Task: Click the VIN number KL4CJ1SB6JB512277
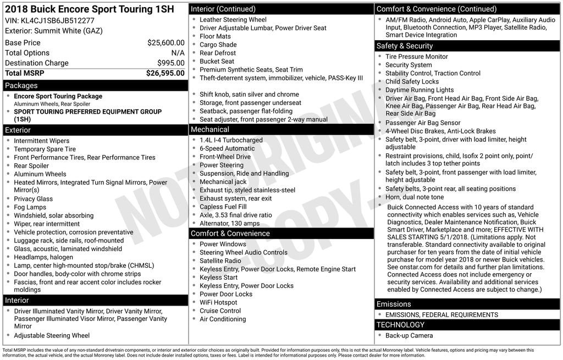point(49,20)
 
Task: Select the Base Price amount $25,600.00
point(165,43)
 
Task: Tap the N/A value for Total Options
point(178,53)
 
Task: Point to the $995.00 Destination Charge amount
point(170,63)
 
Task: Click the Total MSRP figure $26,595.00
point(165,73)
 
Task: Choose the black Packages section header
point(95,86)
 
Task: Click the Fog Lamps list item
point(30,207)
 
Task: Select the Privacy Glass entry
point(34,199)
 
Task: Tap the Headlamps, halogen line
point(43,257)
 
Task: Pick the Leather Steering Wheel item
point(233,20)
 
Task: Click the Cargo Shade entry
point(218,45)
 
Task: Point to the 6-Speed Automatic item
point(227,148)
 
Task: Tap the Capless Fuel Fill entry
point(223,207)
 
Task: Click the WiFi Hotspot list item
point(218,302)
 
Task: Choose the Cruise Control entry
point(220,311)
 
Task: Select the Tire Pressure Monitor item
point(417,57)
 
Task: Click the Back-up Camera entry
point(409,335)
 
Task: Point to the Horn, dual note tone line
point(415,197)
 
